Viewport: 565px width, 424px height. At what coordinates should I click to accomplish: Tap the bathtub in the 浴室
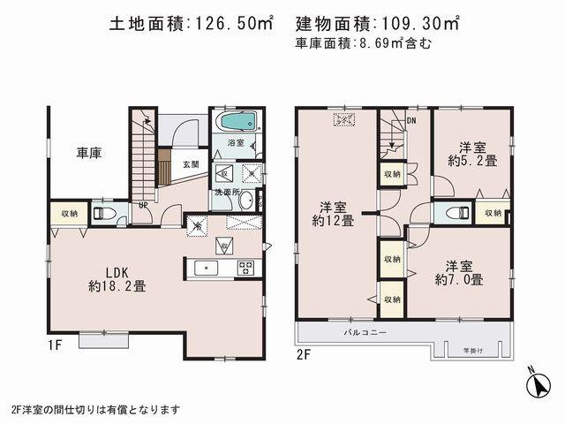236,120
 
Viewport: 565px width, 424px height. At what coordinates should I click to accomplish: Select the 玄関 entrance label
191,164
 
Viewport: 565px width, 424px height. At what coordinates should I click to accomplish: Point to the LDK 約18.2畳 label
117,277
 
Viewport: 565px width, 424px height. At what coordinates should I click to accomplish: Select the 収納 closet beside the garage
69,214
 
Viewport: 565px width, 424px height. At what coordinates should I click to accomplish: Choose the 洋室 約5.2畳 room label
472,154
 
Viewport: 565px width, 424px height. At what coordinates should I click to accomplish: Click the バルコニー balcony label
362,334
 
